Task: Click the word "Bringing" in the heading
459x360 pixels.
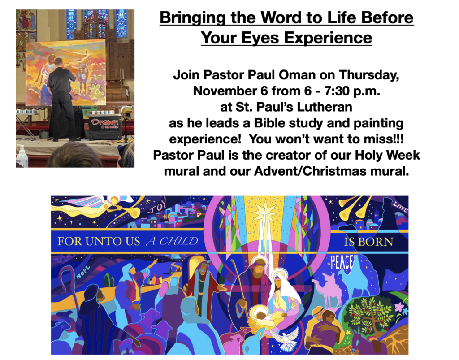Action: pos(193,18)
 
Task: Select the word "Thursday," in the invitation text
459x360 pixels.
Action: pos(369,75)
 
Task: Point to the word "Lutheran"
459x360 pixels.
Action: pos(325,107)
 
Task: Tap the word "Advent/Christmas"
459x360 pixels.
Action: pos(311,171)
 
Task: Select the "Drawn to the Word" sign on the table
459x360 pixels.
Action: pos(105,123)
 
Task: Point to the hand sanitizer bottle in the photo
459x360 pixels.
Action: pos(22,156)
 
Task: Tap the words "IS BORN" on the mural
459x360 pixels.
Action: pos(368,242)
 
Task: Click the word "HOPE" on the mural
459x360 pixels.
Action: pos(83,273)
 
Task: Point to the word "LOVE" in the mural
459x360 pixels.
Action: pos(400,207)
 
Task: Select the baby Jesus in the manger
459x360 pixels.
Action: pos(265,315)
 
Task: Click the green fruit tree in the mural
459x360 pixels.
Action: pos(369,315)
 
